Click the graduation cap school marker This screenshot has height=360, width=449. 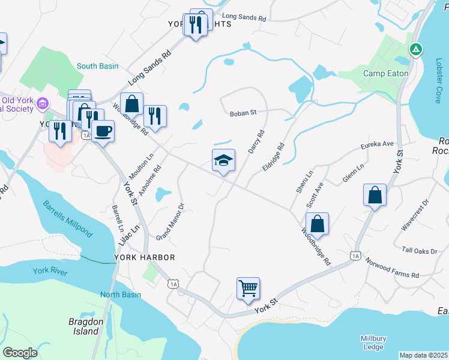(223, 160)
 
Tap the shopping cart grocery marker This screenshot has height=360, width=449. (248, 289)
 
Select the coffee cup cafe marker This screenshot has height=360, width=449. (103, 131)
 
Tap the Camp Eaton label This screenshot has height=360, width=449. (386, 74)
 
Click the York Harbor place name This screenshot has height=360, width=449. (145, 257)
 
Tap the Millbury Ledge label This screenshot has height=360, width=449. (373, 343)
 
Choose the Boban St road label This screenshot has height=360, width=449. (243, 112)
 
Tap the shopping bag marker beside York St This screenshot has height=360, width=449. (375, 195)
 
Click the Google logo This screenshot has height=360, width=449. (20, 353)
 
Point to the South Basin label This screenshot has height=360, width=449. (97, 66)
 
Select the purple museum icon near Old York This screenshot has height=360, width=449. (43, 104)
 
